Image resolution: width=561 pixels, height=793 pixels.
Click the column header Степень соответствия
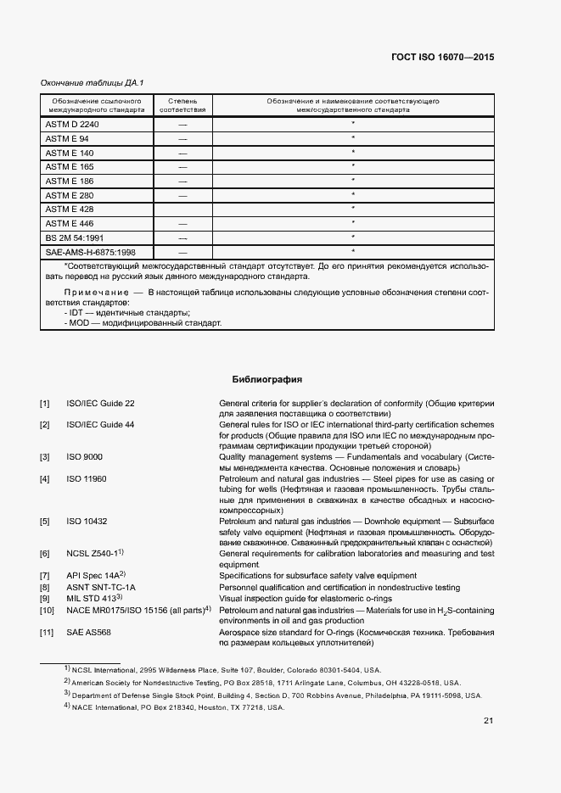pos(182,105)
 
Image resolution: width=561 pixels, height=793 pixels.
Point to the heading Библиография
pos(267,379)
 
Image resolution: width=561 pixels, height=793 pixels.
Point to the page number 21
pos(488,721)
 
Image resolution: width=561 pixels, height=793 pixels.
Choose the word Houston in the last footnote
pos(210,707)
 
